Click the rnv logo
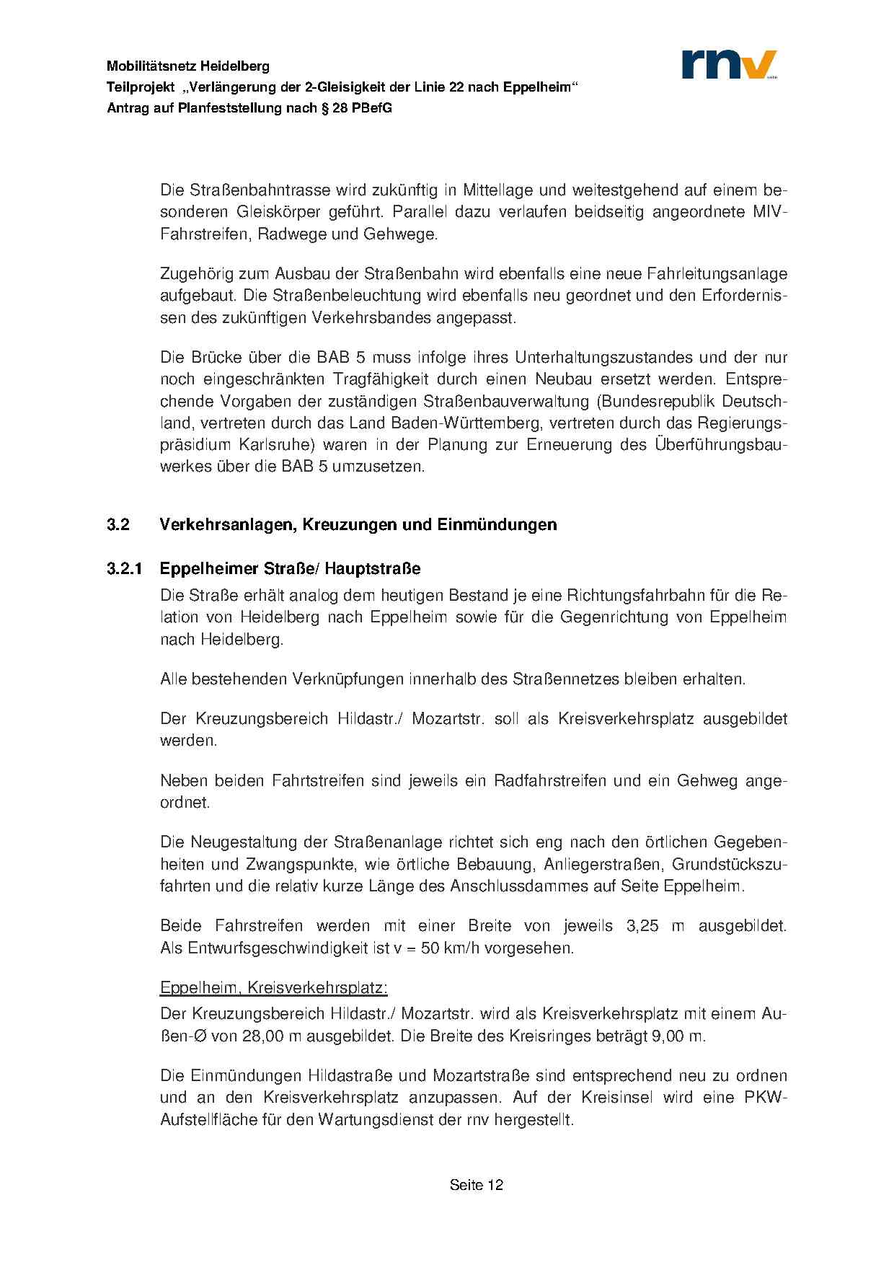[x=729, y=64]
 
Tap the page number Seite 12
[x=476, y=1185]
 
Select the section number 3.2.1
[x=124, y=569]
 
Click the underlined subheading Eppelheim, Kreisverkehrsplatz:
[x=274, y=987]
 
